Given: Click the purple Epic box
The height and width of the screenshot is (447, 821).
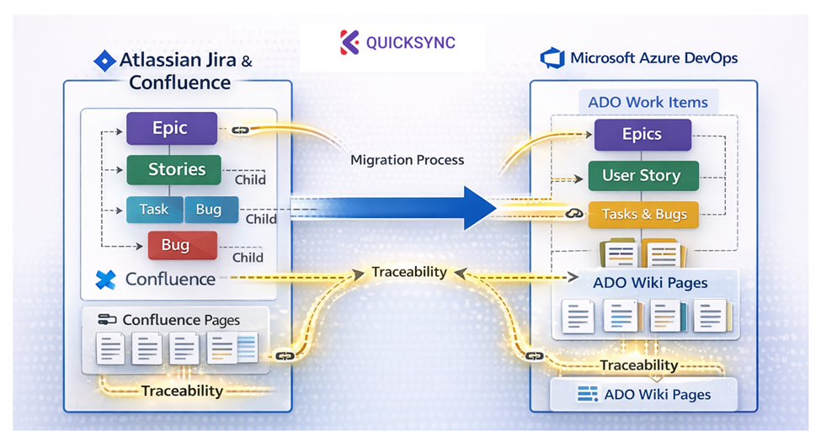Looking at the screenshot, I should click(172, 129).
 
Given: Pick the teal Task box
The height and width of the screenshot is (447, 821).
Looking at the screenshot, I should click(153, 210).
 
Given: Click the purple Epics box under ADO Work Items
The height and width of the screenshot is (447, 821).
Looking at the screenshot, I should click(642, 135).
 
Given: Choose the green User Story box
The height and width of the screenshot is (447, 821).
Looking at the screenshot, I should click(641, 176).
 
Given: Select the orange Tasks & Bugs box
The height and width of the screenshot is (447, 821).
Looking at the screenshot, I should click(644, 215).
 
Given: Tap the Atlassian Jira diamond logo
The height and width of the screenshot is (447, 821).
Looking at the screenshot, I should click(104, 61).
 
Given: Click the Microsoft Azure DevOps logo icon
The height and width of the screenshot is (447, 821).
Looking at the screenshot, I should click(552, 58).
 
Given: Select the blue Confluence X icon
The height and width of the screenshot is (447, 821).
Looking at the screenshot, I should click(106, 279).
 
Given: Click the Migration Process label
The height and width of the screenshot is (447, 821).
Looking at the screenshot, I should click(407, 159).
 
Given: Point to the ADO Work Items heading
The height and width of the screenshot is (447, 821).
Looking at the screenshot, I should click(648, 103).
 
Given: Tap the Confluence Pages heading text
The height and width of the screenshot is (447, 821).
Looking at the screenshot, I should click(181, 320).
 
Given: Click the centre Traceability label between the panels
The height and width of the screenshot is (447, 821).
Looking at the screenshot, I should click(409, 273).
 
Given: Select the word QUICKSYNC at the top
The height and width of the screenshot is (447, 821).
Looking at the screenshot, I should click(411, 42).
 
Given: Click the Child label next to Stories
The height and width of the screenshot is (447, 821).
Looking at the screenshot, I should click(249, 179).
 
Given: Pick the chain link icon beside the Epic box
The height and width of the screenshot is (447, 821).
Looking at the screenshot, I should click(238, 130).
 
